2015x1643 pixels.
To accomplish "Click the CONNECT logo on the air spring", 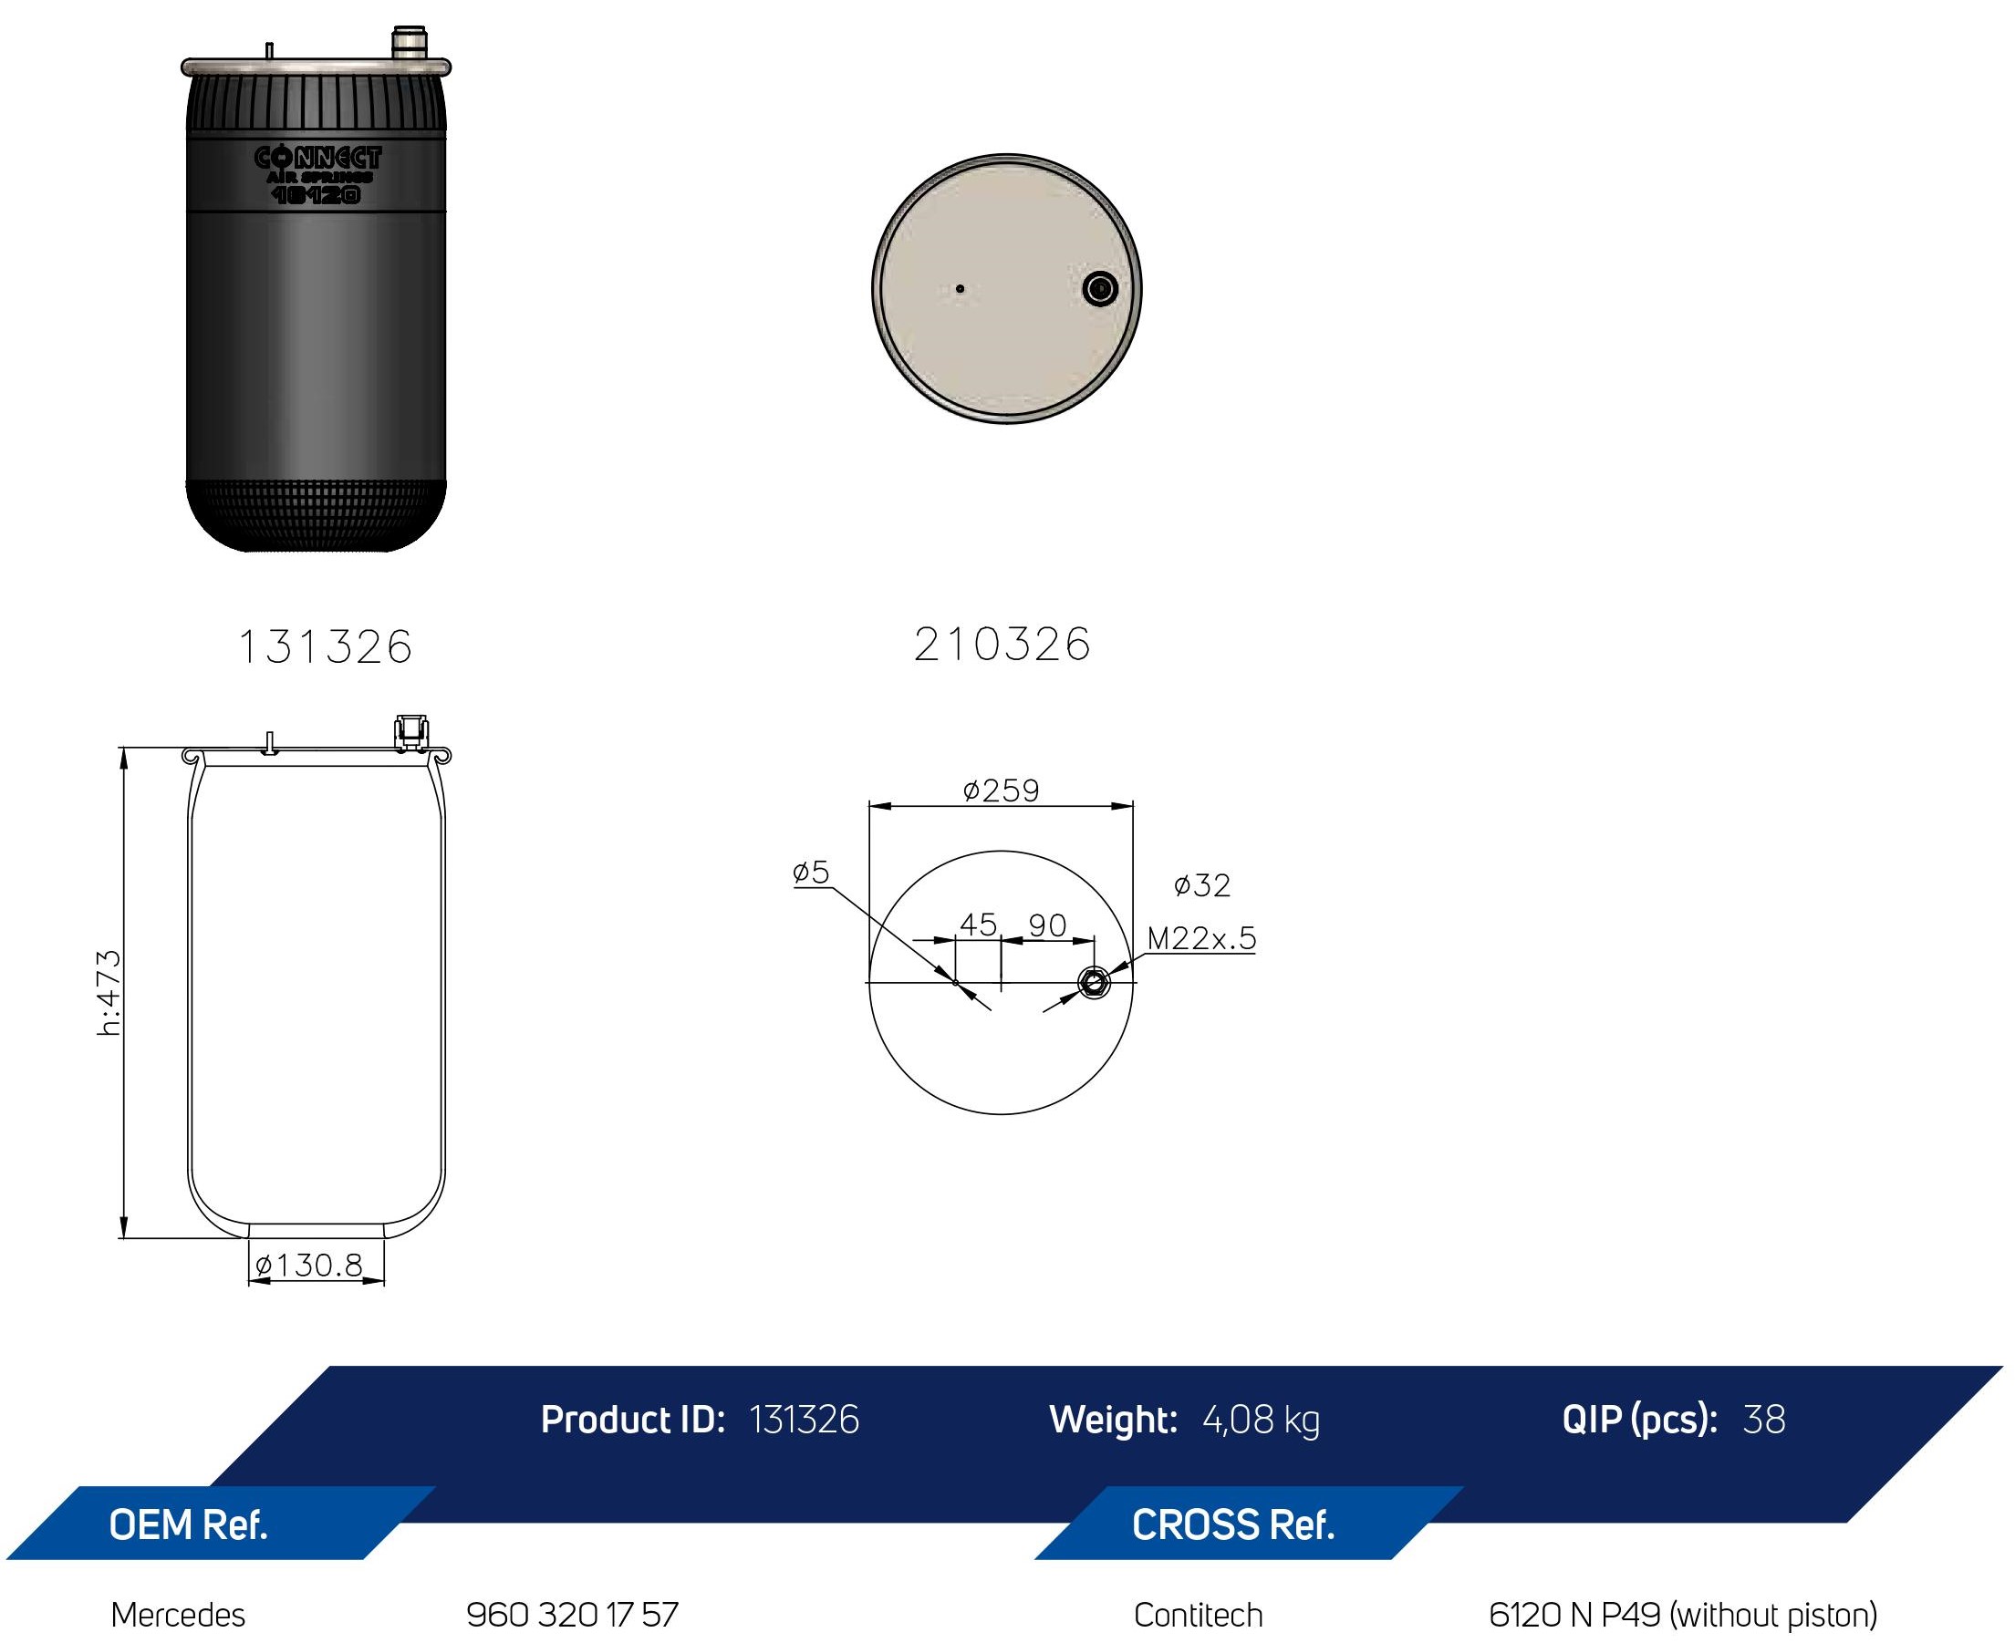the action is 317,158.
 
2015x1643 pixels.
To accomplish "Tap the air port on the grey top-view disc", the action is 1099,288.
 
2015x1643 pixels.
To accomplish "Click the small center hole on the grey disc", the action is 960,289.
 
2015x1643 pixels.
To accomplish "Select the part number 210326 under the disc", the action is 1002,645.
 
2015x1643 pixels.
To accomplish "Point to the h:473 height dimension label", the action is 109,992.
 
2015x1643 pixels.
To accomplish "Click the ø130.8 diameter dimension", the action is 308,1266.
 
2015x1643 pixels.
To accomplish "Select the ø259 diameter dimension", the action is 1001,790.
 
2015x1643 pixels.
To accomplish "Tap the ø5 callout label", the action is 811,872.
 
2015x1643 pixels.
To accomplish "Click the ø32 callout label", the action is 1201,885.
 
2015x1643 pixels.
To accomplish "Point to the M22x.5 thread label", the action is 1200,938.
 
